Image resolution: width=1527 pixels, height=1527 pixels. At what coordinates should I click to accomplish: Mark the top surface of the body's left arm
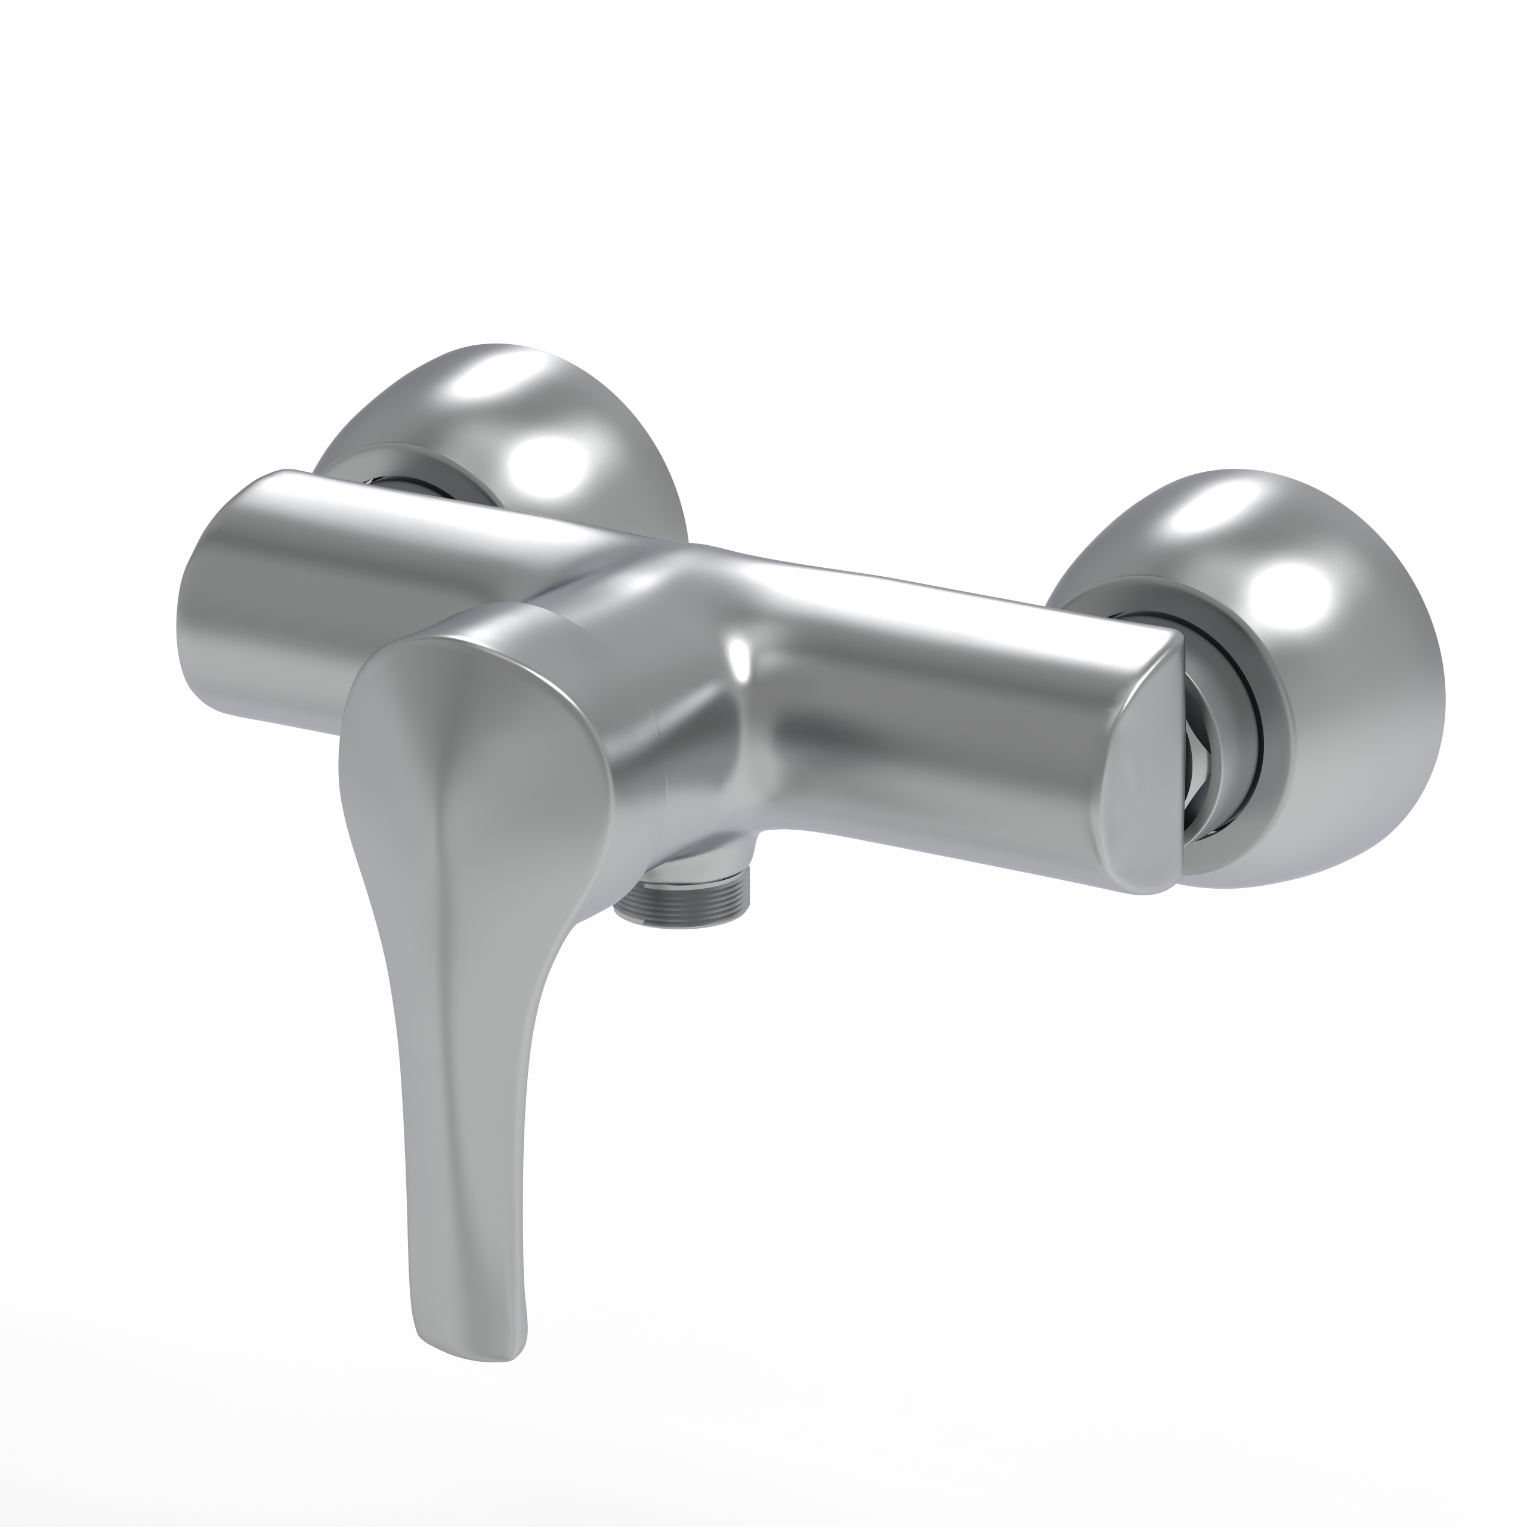point(395,514)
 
